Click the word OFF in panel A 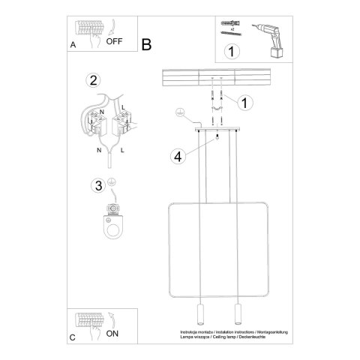pyautogui.click(x=114, y=42)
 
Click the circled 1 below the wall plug pyautogui.click(x=232, y=52)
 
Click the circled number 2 pyautogui.click(x=93, y=81)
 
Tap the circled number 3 pyautogui.click(x=97, y=185)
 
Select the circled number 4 pyautogui.click(x=178, y=157)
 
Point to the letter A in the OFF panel pyautogui.click(x=73, y=45)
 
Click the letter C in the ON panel pyautogui.click(x=73, y=337)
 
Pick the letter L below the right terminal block pyautogui.click(x=121, y=149)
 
